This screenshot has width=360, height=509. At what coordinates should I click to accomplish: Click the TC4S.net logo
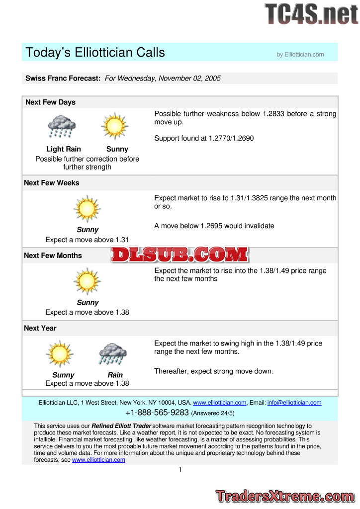click(x=311, y=14)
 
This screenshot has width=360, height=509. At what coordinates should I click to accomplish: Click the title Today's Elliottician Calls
click(x=95, y=52)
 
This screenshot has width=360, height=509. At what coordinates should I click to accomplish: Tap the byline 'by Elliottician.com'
click(x=300, y=55)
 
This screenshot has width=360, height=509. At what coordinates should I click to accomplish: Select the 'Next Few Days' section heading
click(x=50, y=102)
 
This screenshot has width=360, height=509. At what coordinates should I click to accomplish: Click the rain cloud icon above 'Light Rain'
click(x=62, y=126)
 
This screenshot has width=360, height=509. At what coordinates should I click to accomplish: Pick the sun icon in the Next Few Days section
click(x=115, y=126)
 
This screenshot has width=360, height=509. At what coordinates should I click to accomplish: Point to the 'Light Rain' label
click(x=64, y=149)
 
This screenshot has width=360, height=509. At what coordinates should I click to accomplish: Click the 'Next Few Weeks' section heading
click(x=52, y=183)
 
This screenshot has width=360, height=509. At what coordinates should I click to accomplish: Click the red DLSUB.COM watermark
click(x=180, y=255)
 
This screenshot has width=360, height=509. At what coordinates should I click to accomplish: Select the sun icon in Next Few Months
click(x=87, y=281)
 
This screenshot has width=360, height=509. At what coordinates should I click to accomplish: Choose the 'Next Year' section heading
click(x=40, y=328)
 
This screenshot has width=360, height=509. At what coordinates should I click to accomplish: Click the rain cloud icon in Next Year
click(x=112, y=354)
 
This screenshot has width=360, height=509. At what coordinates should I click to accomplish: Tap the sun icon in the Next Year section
click(x=60, y=354)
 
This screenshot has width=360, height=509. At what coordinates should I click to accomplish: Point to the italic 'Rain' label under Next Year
click(x=115, y=375)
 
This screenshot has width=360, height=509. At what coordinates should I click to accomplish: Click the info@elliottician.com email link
click(x=294, y=403)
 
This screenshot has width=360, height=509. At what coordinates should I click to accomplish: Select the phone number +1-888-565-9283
click(x=157, y=413)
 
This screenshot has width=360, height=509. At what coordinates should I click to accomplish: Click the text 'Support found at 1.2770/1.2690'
click(x=204, y=138)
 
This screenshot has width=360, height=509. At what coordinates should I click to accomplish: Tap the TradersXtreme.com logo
click(x=285, y=496)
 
